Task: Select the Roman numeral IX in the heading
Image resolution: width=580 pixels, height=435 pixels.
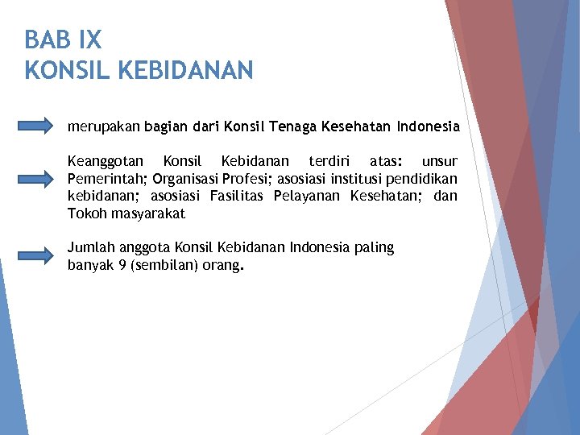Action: click(90, 39)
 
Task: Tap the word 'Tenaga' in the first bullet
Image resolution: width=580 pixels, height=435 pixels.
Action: click(293, 126)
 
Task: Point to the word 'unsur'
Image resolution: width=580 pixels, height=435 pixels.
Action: click(440, 161)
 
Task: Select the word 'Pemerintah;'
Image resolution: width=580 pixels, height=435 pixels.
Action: click(108, 178)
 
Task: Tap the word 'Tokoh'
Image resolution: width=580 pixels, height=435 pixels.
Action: click(85, 213)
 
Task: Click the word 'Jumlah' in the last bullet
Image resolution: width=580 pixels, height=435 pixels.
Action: click(89, 247)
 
